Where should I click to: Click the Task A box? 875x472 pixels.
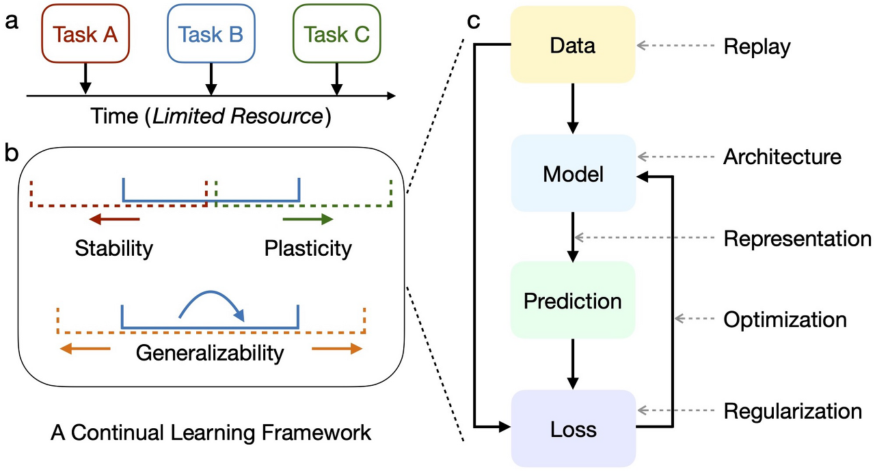point(85,34)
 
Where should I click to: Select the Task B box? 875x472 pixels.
point(211,34)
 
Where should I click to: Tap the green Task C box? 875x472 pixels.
point(336,34)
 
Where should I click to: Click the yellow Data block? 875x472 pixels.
point(573,46)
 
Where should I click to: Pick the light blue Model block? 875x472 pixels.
point(573,174)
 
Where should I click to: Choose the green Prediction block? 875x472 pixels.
point(573,301)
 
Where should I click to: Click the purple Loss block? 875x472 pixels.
point(573,430)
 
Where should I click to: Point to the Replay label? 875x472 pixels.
point(757,47)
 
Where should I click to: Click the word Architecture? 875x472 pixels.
point(782,157)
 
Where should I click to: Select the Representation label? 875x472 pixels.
point(797,238)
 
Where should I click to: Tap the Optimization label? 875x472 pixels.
point(785,319)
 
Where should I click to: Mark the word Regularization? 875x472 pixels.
point(793,411)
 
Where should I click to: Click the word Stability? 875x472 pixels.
point(113,248)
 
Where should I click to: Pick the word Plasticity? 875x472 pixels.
point(308,248)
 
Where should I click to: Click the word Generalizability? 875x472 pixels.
point(210,353)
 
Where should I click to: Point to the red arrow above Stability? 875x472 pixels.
point(113,220)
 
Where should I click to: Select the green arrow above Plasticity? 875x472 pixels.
point(308,220)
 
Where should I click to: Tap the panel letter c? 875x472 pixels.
point(473,21)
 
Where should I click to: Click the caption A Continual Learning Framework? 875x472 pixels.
point(211,433)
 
